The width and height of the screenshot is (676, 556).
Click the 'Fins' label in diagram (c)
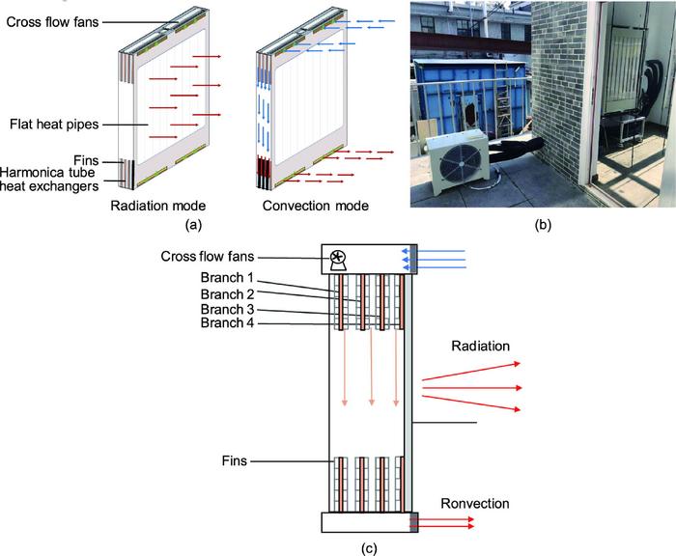coord(236,462)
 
